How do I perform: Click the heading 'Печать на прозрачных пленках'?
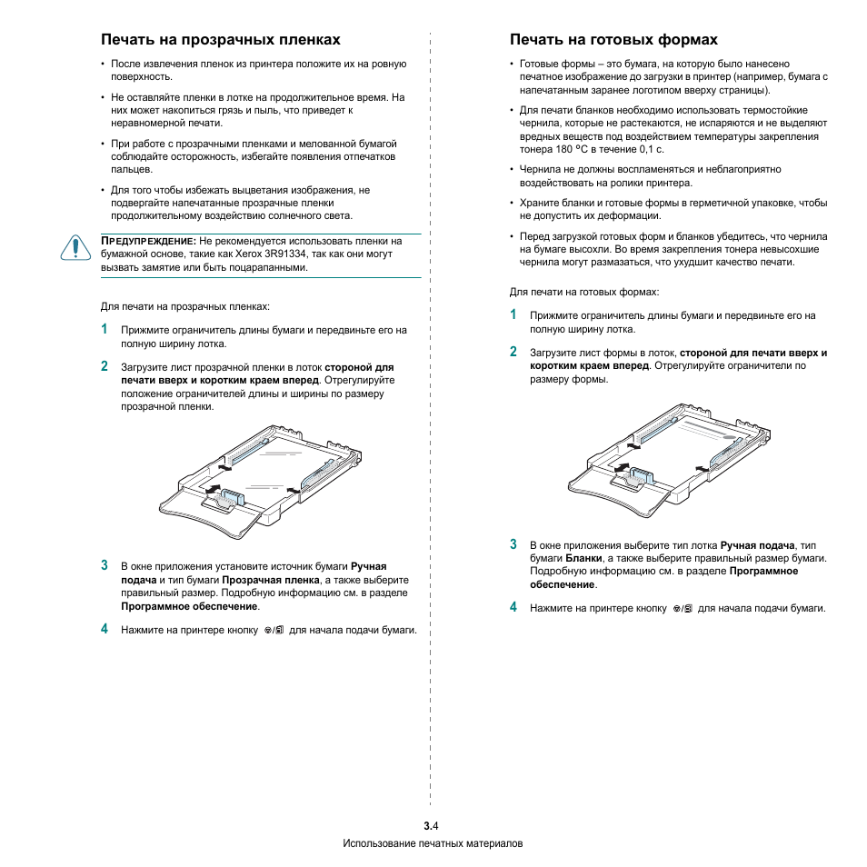pyautogui.click(x=221, y=40)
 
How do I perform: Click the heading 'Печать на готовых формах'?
pyautogui.click(x=613, y=40)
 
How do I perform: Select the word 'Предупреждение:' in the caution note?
pyautogui.click(x=147, y=241)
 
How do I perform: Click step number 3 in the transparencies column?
pyautogui.click(x=105, y=565)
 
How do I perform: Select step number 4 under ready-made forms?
pyautogui.click(x=513, y=606)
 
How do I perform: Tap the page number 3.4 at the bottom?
pyautogui.click(x=432, y=826)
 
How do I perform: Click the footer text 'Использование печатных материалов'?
pyautogui.click(x=433, y=843)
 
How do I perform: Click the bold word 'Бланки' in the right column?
pyautogui.click(x=583, y=558)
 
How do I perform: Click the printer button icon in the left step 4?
pyautogui.click(x=274, y=630)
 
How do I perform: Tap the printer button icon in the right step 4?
pyautogui.click(x=683, y=608)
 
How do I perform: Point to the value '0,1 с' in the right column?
pyautogui.click(x=651, y=149)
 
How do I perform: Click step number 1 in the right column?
pyautogui.click(x=513, y=314)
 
